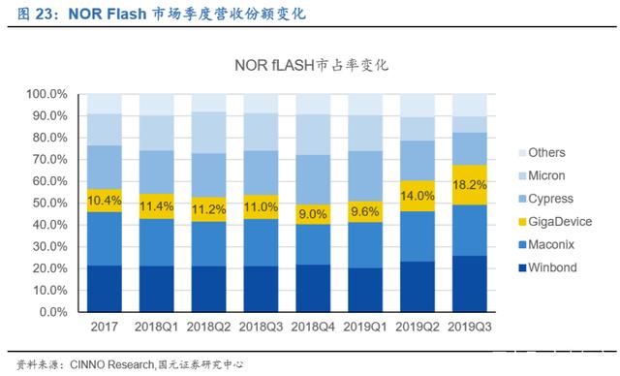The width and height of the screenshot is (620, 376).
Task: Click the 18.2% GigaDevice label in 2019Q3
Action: coord(470,185)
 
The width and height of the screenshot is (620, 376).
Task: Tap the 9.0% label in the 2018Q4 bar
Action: coord(313,214)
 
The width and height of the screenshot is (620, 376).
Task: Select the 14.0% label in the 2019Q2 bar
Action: coord(418,196)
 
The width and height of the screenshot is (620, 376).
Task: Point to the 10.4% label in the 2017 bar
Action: coord(105,201)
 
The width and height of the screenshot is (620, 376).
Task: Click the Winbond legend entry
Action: coord(547,267)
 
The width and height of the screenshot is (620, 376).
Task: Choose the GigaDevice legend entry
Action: coord(555,222)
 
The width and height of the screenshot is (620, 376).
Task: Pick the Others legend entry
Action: coord(542,152)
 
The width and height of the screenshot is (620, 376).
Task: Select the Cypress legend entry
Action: coord(545,199)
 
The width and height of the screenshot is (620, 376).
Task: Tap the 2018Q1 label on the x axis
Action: coord(157,327)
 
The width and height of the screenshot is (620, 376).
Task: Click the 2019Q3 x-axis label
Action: coord(470,327)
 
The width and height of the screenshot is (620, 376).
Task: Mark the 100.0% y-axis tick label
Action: coord(47,95)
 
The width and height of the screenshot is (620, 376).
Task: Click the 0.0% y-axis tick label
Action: coord(53,312)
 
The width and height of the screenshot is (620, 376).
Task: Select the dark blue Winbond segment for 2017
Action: coord(105,289)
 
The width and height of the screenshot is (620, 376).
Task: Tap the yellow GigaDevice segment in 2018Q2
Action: coord(209,209)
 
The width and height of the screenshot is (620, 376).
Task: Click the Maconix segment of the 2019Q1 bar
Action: coord(365,245)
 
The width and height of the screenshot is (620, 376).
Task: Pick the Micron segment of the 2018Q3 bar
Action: coord(261,132)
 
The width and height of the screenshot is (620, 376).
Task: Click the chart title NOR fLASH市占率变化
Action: coord(312,65)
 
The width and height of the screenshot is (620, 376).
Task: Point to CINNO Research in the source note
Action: coord(112,364)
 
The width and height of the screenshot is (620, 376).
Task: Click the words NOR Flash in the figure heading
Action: coord(108,14)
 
